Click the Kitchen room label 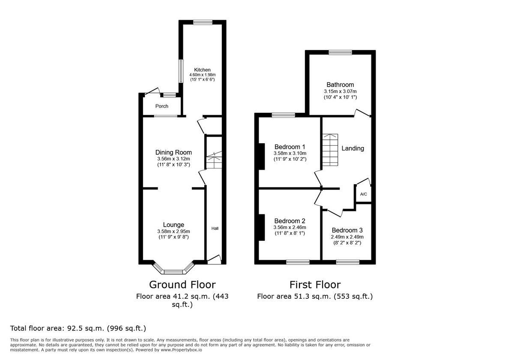click(202, 70)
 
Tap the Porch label click(162, 106)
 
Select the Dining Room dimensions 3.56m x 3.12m click(173, 159)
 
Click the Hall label click(215, 228)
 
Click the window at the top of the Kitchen click(203, 22)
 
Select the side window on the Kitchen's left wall click(181, 71)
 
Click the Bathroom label click(340, 85)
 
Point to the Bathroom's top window click(341, 52)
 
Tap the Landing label click(353, 148)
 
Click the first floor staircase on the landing click(330, 150)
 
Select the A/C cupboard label click(363, 194)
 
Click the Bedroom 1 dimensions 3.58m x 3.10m click(290, 153)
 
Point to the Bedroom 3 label click(347, 230)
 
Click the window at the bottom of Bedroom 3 click(347, 262)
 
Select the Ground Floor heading click(182, 285)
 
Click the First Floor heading click(315, 285)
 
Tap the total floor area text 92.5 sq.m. click(78, 329)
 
